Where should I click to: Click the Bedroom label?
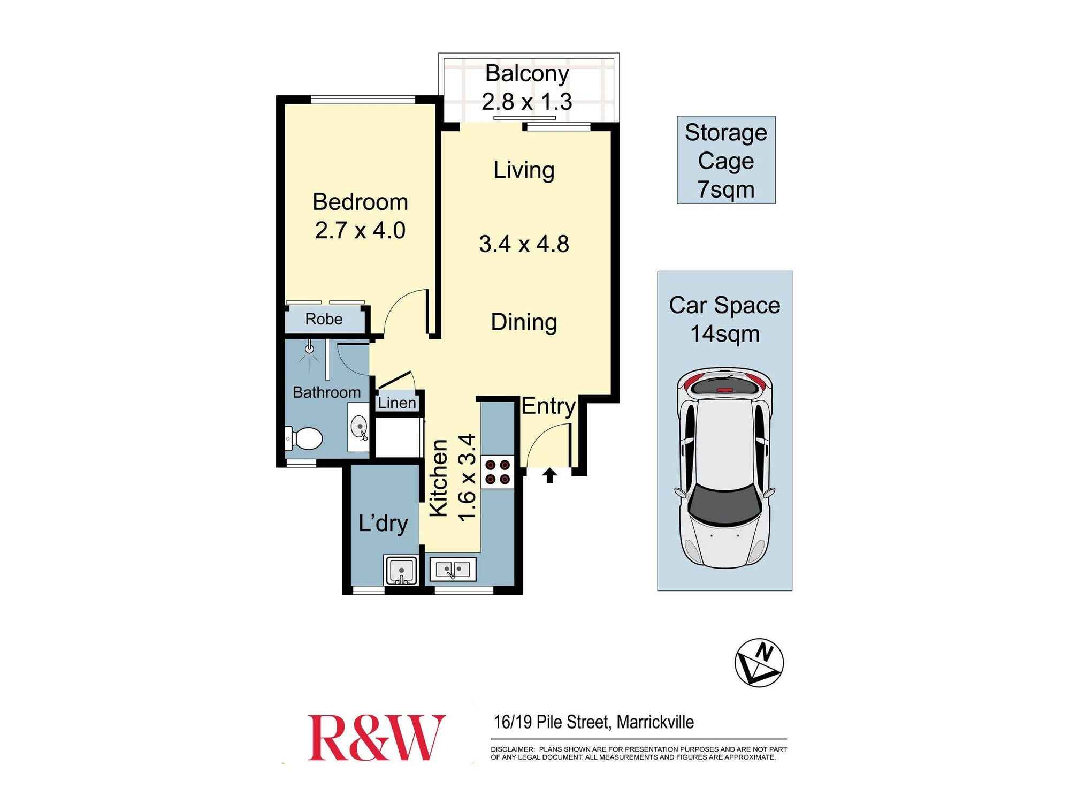360,202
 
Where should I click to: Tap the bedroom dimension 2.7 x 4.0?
360,231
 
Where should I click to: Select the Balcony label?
527,74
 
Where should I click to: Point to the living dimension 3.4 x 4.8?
524,244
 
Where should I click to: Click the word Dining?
524,322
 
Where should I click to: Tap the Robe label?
324,319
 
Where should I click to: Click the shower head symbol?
309,349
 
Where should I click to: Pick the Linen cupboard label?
396,403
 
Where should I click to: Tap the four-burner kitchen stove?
498,472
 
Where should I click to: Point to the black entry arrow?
549,475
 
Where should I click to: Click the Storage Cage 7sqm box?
726,160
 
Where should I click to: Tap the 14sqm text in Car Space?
725,334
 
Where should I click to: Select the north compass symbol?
759,662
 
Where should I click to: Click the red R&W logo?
376,738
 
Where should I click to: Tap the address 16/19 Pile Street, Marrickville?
593,722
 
